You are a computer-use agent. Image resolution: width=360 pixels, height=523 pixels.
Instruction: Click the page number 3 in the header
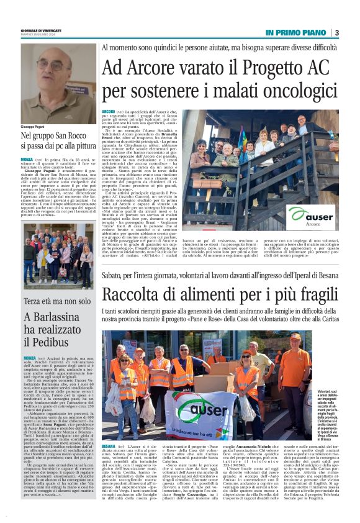[336, 32]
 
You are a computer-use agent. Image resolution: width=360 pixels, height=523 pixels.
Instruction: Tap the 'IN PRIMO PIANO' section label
[296, 32]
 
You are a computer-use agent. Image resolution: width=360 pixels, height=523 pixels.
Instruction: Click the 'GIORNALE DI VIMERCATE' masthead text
[40, 30]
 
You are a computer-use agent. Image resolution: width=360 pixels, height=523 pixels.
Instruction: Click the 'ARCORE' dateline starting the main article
[109, 111]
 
